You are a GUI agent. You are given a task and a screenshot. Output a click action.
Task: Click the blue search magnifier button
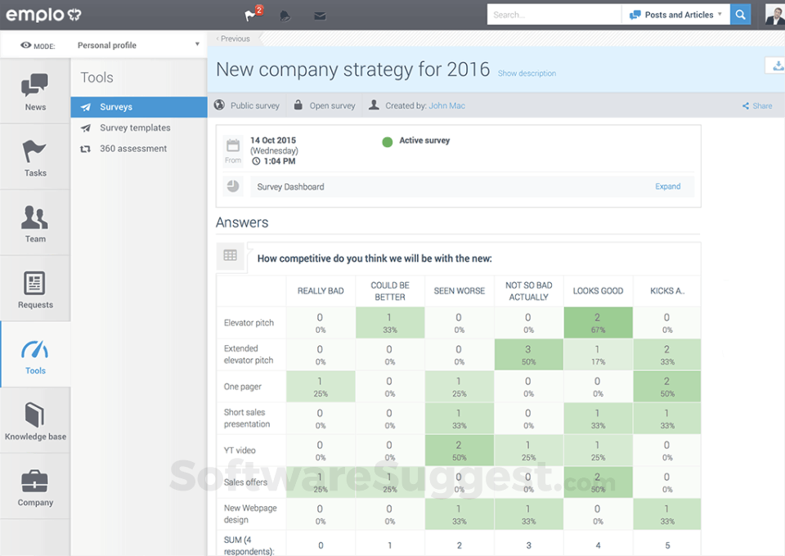741,15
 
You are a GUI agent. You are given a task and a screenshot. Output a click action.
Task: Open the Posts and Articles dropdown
675,15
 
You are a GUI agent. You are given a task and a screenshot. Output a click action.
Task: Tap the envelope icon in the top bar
320,16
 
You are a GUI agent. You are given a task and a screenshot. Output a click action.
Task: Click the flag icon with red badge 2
251,16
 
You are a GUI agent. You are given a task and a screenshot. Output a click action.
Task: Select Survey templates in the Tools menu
135,128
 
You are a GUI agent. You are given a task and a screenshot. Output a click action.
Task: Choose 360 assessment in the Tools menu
132,149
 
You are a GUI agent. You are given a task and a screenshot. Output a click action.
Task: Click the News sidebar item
35,91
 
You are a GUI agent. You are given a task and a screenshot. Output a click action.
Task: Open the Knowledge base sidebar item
35,420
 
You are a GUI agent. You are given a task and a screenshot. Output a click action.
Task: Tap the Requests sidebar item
35,289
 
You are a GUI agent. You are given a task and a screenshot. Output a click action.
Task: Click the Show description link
527,74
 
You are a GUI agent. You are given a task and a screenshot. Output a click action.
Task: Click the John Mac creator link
446,105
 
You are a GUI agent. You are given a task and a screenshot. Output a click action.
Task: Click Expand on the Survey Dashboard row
667,186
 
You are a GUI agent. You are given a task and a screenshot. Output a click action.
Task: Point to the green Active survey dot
388,141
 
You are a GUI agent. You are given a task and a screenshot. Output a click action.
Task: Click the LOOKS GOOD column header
598,291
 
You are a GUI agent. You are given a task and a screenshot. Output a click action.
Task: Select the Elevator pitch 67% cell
598,323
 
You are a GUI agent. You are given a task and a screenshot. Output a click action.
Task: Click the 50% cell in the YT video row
459,451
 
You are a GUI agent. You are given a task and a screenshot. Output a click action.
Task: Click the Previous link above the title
234,38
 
